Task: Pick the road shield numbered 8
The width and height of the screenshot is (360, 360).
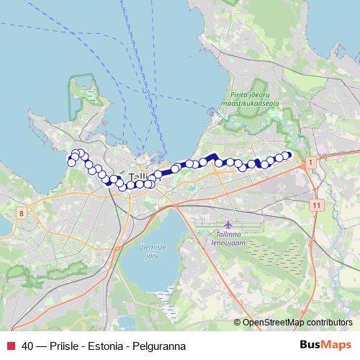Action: point(22,213)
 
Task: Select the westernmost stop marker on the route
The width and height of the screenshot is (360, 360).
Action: point(71,162)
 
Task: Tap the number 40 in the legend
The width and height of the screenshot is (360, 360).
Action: point(28,346)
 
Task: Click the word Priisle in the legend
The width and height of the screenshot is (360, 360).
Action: point(64,346)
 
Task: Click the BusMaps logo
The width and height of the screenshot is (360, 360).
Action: point(325,346)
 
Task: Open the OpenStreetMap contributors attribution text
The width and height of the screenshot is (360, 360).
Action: point(297,322)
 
